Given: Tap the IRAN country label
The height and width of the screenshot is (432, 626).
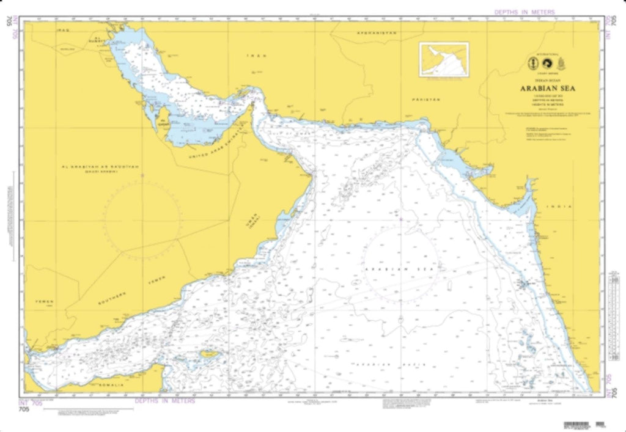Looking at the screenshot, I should click(257, 56).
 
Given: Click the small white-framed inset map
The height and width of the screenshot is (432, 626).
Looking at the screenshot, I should click(443, 59).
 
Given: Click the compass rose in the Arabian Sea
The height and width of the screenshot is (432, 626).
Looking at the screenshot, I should click(400, 269).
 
